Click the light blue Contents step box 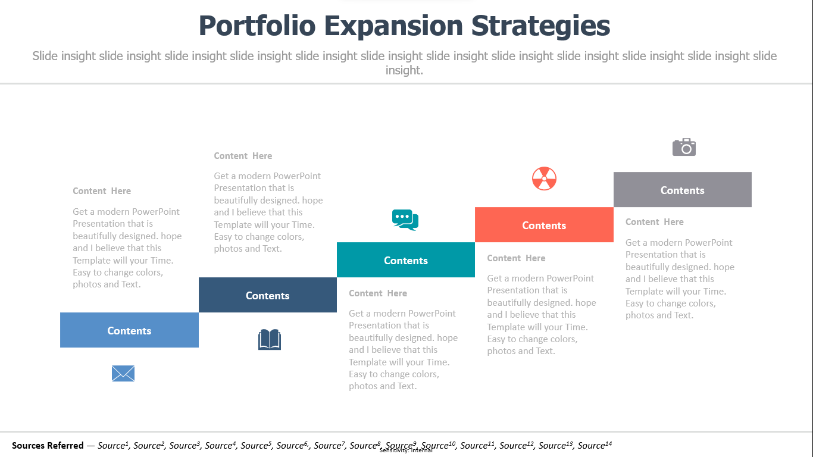tap(129, 330)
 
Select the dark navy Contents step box tap(267, 295)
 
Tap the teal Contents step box tap(406, 260)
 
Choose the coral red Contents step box tap(544, 225)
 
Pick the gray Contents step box tap(682, 189)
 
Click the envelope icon tap(123, 373)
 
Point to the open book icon tap(270, 339)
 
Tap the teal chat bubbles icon tap(405, 220)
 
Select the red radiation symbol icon tap(544, 179)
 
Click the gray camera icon tap(684, 147)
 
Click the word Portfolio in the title tap(257, 26)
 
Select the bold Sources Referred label tap(48, 445)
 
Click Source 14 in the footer tap(595, 445)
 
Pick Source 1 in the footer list tap(113, 445)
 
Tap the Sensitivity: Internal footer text tap(406, 450)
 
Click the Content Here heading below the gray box tap(655, 222)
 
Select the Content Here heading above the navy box tap(243, 156)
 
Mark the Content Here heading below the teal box tap(378, 293)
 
